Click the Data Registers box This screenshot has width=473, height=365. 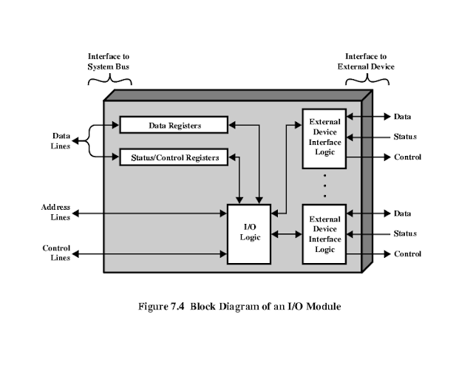coord(174,126)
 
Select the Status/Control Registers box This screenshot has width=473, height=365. coord(174,157)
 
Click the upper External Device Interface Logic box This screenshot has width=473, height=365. coord(324,137)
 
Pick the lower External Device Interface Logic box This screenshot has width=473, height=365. coord(324,234)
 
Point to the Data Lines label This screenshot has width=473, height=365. coord(61,141)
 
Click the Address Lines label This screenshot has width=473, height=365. coord(55,212)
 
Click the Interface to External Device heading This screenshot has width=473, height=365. coord(366,61)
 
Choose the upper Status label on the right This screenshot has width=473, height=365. coord(405,137)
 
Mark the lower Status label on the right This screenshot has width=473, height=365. coord(405,233)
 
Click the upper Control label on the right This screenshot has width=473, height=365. coord(407,157)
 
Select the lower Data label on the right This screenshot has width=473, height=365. coord(402,214)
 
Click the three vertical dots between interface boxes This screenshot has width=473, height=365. coord(324,185)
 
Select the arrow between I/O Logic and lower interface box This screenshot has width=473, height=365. coord(287,235)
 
